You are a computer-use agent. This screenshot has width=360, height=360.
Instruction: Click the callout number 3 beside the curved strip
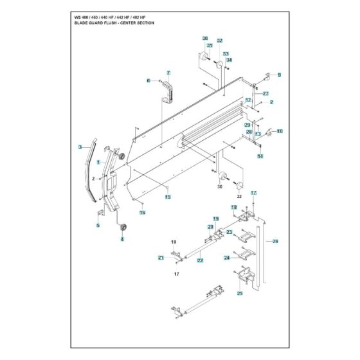coord(80,147)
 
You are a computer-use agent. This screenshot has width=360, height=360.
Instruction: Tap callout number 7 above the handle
coord(168,73)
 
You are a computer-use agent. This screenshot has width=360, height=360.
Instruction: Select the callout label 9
coord(279,75)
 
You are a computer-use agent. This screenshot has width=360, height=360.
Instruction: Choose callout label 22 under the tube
coord(200,260)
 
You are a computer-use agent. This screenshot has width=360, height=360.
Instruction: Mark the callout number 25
coord(240,293)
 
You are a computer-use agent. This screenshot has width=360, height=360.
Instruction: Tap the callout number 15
coord(167,197)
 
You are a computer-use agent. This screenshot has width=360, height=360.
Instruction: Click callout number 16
coord(143,212)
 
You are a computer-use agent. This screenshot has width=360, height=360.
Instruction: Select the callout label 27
coord(265,94)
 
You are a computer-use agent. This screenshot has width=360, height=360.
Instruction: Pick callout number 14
coord(260,156)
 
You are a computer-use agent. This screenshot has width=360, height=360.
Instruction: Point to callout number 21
coord(161,258)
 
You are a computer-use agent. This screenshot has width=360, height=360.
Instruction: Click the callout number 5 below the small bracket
coord(98,225)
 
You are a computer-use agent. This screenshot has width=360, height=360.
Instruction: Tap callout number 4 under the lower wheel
coord(122,240)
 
